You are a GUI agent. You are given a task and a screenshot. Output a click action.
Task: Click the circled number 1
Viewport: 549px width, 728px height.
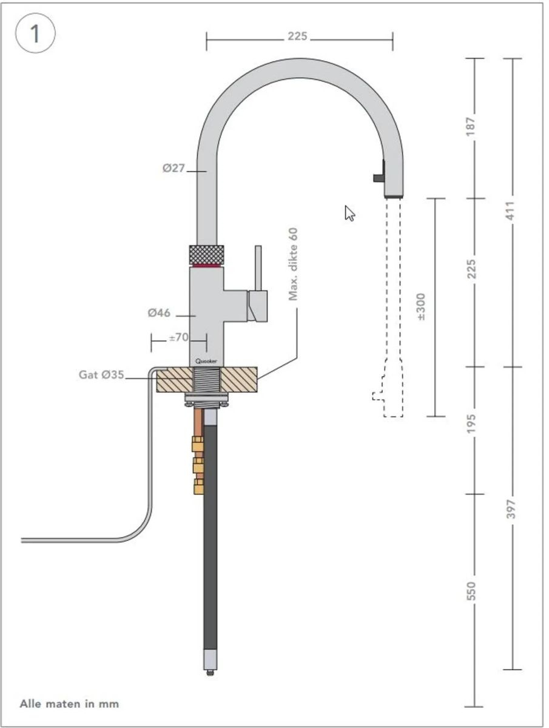coord(35,34)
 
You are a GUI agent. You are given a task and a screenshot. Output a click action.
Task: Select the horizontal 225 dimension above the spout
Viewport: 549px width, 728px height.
coord(297,37)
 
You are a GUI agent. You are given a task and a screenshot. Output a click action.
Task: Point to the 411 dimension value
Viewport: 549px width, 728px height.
coord(513,211)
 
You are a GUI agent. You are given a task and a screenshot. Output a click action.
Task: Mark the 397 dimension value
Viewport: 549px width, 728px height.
coord(513,508)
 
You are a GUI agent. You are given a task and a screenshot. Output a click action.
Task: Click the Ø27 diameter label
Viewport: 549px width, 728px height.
coord(173,169)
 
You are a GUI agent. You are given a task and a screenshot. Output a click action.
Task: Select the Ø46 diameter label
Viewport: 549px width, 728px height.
coord(159,313)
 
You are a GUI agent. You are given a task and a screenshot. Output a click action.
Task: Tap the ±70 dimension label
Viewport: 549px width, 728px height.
coord(178,337)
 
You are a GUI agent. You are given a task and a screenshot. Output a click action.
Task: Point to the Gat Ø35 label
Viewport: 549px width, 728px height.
coord(101,374)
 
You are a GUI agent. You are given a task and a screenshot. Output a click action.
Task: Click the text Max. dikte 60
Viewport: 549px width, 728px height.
coord(294,264)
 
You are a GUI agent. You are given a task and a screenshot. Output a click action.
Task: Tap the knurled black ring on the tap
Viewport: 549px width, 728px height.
coord(206,253)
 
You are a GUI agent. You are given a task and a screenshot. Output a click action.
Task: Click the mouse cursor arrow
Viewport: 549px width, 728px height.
coord(349,213)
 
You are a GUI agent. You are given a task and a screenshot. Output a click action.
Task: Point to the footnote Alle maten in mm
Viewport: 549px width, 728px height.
coord(69,704)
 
